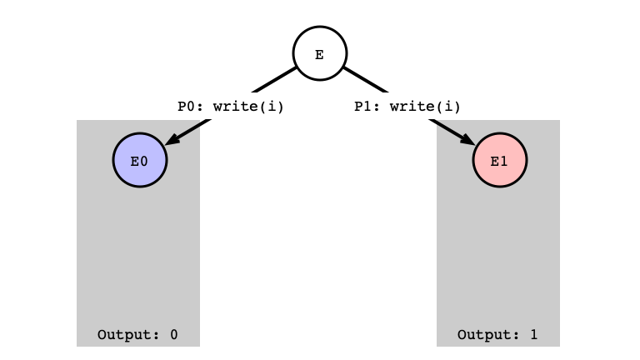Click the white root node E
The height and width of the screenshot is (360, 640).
click(320, 53)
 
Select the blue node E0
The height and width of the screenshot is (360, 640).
click(140, 160)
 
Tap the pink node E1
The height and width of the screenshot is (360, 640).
click(500, 160)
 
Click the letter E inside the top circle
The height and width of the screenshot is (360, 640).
click(320, 55)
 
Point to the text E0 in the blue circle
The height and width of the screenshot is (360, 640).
click(139, 162)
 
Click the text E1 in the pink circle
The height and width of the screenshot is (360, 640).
click(499, 162)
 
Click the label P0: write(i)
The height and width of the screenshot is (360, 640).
click(231, 107)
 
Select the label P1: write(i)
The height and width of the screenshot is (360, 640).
click(407, 107)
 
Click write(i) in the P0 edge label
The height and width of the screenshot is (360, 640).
click(248, 107)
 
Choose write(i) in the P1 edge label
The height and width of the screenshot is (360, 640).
click(425, 107)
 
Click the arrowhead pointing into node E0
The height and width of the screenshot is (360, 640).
click(172, 139)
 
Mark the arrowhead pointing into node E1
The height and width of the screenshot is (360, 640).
click(468, 139)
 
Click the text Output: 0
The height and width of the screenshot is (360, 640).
click(137, 335)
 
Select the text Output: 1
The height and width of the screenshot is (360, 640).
click(497, 335)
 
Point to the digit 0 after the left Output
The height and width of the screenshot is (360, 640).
click(174, 335)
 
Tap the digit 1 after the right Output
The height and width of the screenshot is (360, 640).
click(534, 335)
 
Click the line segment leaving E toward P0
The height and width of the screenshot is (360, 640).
click(274, 80)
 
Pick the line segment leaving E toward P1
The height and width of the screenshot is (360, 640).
click(365, 80)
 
